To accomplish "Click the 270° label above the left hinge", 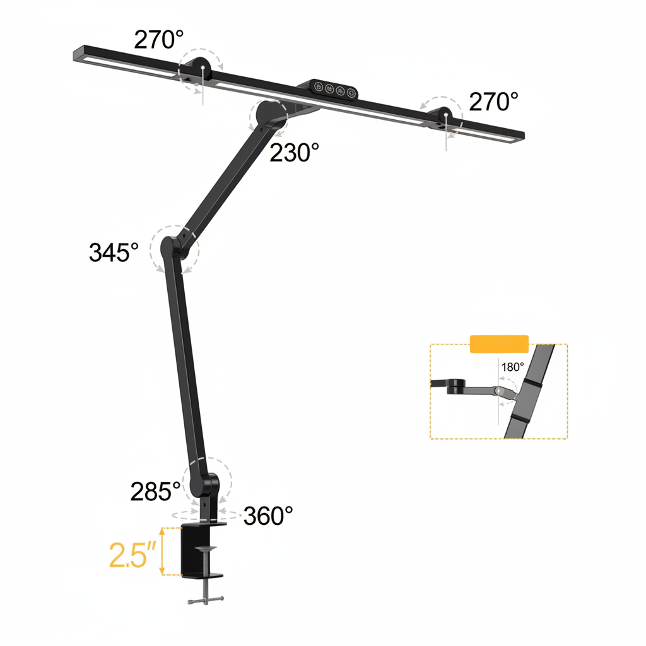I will click(158, 40).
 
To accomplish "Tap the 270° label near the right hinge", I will click(493, 101).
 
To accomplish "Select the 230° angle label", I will click(295, 153).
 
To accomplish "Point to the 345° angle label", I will click(114, 252).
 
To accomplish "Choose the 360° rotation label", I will click(268, 516).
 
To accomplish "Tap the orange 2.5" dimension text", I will click(132, 554).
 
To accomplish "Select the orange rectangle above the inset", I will click(499, 343).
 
